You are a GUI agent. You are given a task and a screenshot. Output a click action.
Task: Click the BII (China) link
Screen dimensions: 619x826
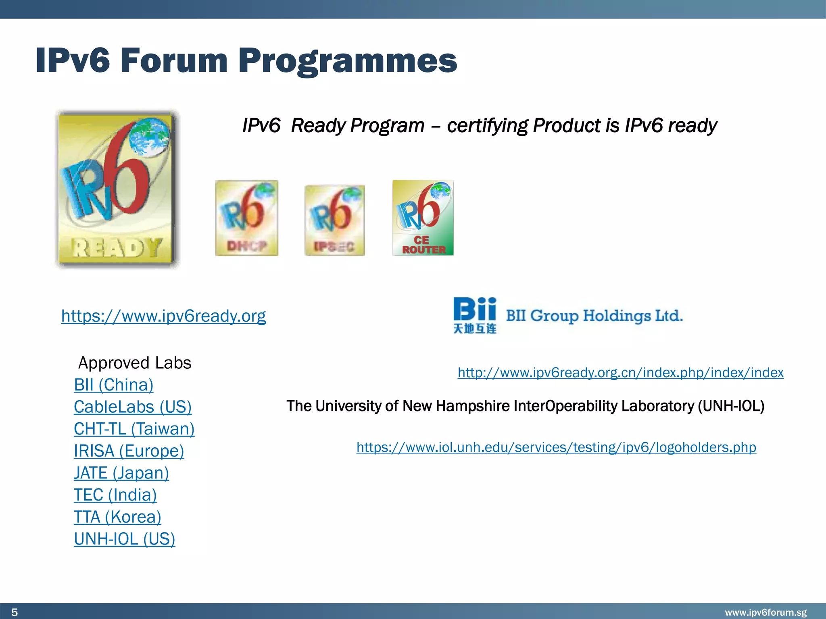[113, 385]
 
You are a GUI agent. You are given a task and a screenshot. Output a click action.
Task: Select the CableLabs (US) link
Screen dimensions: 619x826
[132, 407]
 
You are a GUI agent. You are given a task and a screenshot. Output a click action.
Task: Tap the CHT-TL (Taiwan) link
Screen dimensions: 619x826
[134, 429]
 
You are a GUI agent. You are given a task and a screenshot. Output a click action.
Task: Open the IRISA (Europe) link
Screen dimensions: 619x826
[129, 451]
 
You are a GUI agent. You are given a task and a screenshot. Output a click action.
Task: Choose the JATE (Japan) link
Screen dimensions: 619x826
[121, 473]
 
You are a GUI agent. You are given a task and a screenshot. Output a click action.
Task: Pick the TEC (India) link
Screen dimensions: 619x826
[115, 494]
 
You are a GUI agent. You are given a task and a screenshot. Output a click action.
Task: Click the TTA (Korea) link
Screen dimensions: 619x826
[117, 517]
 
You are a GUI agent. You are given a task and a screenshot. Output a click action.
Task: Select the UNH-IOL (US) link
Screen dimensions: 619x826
[124, 539]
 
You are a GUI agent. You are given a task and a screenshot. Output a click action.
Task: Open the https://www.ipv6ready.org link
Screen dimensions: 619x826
[163, 316]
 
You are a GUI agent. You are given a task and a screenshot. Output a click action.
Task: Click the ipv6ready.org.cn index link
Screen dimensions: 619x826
[620, 372]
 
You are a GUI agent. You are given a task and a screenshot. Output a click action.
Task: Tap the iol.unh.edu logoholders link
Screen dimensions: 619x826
[556, 447]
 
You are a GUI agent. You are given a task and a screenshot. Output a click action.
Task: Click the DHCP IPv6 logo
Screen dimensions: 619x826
[246, 218]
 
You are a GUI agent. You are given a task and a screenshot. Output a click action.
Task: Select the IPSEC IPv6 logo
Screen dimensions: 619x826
[334, 220]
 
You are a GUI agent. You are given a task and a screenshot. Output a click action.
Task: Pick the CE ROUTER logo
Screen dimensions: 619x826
[423, 218]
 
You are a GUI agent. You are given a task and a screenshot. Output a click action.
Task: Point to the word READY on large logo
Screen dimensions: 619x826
[117, 247]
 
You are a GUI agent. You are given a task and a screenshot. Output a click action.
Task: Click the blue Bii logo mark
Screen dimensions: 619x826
[474, 315]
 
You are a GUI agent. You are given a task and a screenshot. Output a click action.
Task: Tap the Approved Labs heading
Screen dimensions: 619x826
[135, 363]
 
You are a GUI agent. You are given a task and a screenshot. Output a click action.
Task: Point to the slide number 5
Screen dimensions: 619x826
[15, 612]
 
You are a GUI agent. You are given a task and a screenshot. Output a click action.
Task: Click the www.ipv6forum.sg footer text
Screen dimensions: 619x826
[766, 613]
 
